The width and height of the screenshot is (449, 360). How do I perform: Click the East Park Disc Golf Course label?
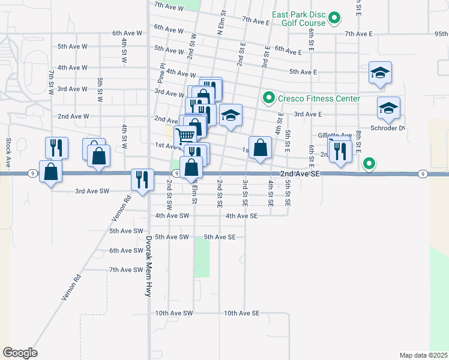[x=299, y=19]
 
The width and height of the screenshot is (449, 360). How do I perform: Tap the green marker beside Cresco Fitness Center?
[x=268, y=98]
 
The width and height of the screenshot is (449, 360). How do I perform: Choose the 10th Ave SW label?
[x=173, y=313]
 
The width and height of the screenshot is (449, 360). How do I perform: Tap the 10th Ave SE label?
[x=241, y=313]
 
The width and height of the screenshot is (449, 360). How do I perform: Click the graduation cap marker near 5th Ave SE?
[x=380, y=73]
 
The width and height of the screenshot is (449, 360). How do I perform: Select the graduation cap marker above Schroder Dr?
[x=388, y=109]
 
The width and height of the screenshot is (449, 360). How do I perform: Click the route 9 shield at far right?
[x=424, y=174]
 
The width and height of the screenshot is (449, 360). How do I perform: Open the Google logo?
[x=20, y=353]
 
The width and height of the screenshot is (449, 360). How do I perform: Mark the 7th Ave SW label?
[x=126, y=270]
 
